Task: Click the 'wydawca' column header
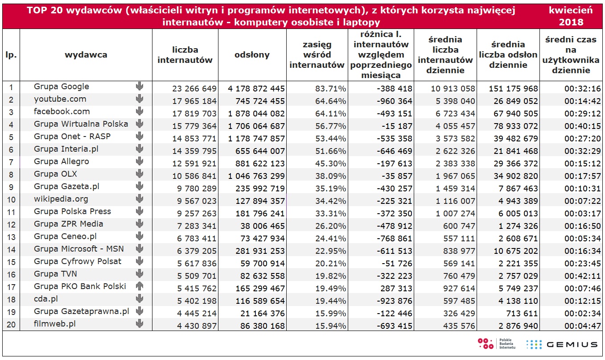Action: (x=86, y=55)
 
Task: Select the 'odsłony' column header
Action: (x=252, y=55)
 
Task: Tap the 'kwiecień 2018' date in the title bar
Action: (x=571, y=16)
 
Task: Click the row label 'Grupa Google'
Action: (x=62, y=87)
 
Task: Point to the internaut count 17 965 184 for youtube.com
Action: (x=194, y=101)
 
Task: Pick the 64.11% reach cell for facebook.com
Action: (x=331, y=113)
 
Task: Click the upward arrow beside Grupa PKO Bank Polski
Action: (x=140, y=286)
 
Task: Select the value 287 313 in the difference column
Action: (x=396, y=288)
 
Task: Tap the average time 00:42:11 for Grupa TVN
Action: (x=583, y=276)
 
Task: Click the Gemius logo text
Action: (x=572, y=344)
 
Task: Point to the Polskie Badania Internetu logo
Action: (x=496, y=343)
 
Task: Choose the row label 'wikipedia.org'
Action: (x=61, y=199)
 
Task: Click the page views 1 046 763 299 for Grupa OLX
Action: (x=256, y=176)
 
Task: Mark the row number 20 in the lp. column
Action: (x=11, y=324)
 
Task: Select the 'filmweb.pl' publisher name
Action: (x=54, y=324)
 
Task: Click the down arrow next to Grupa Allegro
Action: (x=140, y=161)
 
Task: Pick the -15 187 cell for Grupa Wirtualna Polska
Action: (x=397, y=126)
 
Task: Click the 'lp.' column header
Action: (x=11, y=55)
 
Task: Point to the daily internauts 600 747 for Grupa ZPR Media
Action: (x=459, y=226)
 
